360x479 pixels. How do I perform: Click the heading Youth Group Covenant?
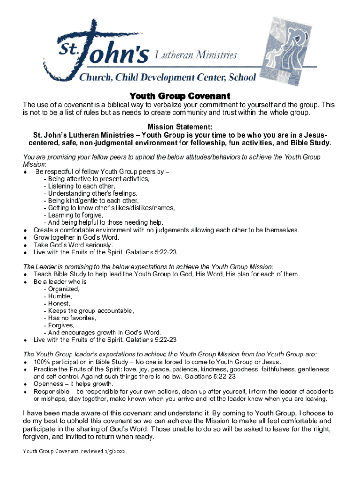point(180,96)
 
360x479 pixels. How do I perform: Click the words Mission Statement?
point(180,127)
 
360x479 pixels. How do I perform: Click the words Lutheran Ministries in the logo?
point(195,56)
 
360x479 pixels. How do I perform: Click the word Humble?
point(59,297)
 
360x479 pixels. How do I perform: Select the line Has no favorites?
point(70,318)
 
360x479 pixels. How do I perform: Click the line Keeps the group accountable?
point(88,311)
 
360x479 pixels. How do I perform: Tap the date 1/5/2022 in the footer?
point(115,453)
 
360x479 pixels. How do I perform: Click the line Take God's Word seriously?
point(73,245)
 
